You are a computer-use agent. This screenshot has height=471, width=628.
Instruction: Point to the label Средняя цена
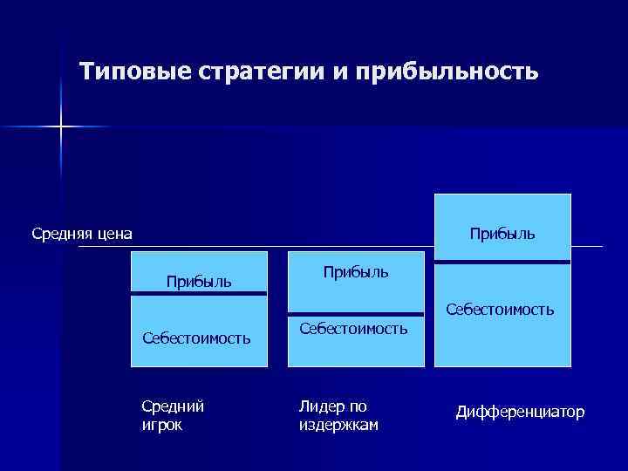82,233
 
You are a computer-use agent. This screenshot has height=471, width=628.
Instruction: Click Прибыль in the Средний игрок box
199,281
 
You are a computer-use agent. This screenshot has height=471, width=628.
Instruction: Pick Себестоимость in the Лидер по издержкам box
353,328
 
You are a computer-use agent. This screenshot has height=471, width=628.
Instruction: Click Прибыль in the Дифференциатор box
502,233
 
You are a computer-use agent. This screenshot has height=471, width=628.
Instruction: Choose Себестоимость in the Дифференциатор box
500,309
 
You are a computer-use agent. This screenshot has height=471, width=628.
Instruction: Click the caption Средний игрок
173,415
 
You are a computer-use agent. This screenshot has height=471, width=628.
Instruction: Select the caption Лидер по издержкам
338,415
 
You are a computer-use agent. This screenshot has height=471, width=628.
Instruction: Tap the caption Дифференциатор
520,412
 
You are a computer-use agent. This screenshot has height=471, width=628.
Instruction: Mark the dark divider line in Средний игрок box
199,294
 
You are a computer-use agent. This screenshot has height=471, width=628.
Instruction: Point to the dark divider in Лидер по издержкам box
356,313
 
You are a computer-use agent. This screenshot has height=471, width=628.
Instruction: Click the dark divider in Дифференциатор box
502,261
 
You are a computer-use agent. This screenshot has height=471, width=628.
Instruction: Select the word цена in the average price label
114,233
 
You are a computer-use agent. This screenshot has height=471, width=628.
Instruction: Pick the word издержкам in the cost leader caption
338,424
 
